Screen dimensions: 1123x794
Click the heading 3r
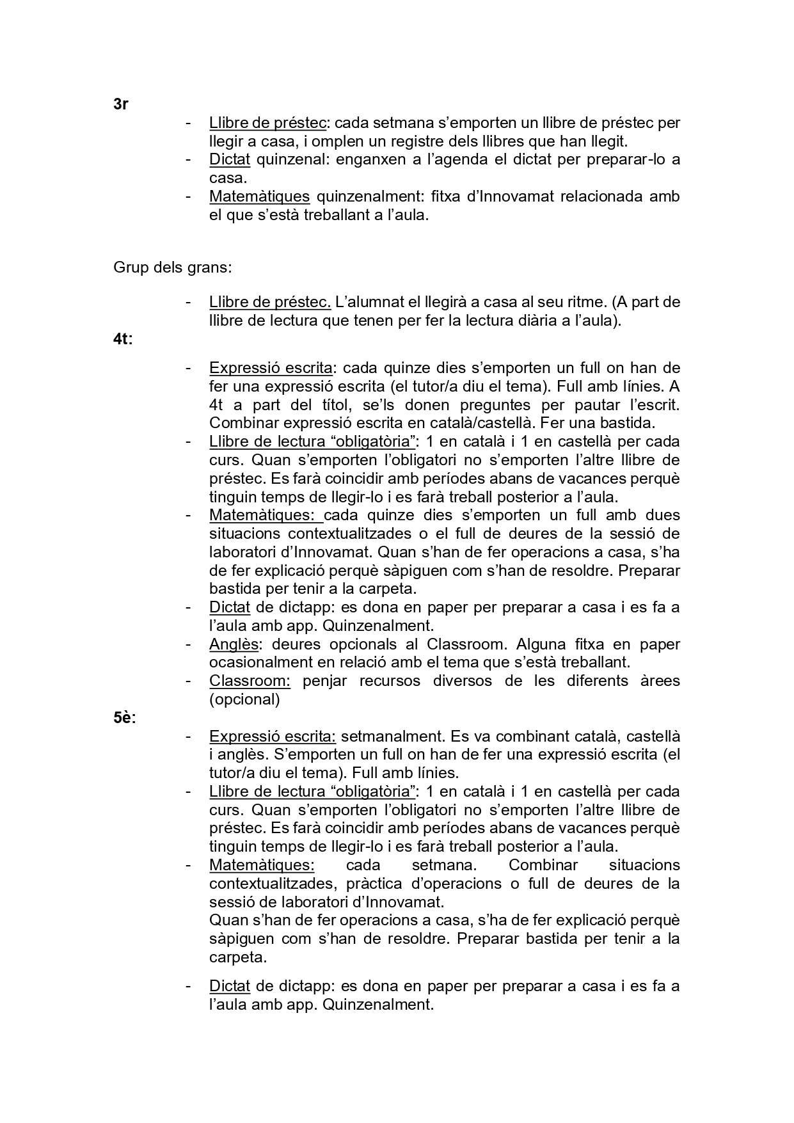[x=121, y=104]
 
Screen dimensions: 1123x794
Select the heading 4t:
[x=123, y=339]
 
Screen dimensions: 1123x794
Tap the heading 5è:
[x=125, y=718]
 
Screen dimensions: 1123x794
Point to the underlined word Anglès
[x=234, y=644]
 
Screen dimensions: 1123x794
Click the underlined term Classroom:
[x=250, y=681]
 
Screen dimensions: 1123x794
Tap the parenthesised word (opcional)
[x=244, y=699]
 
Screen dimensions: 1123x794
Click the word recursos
[x=389, y=681]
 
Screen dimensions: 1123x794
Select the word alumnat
[x=378, y=302]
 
